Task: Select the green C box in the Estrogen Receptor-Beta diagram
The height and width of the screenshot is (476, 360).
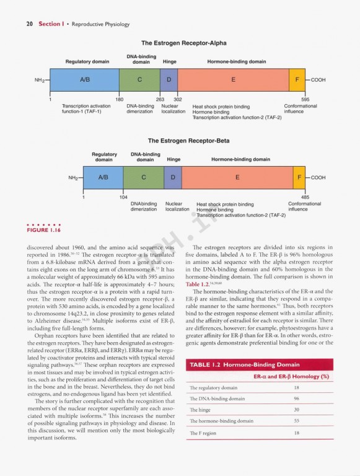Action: [143, 177]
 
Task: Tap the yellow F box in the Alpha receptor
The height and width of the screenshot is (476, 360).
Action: [297, 80]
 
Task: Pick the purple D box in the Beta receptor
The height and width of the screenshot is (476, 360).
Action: [173, 177]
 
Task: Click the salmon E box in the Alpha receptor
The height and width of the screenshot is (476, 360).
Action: [233, 80]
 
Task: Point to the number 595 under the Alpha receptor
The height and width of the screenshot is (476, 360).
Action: [305, 99]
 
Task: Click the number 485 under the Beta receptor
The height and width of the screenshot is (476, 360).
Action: [305, 197]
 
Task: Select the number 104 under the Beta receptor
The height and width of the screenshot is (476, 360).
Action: [123, 197]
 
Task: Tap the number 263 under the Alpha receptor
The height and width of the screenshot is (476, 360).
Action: [160, 99]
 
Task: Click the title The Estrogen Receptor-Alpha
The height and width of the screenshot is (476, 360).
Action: [184, 43]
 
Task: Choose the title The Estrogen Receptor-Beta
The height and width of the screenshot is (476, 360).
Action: [188, 141]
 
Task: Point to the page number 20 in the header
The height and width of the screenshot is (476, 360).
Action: [29, 24]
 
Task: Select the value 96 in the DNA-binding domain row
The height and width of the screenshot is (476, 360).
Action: [296, 399]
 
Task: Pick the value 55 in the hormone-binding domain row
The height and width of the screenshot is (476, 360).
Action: [296, 421]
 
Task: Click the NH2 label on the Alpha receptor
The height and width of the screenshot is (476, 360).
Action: [40, 80]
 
